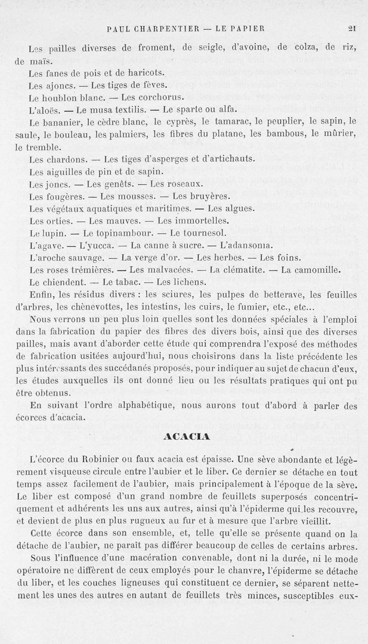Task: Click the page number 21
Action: [x=352, y=28]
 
